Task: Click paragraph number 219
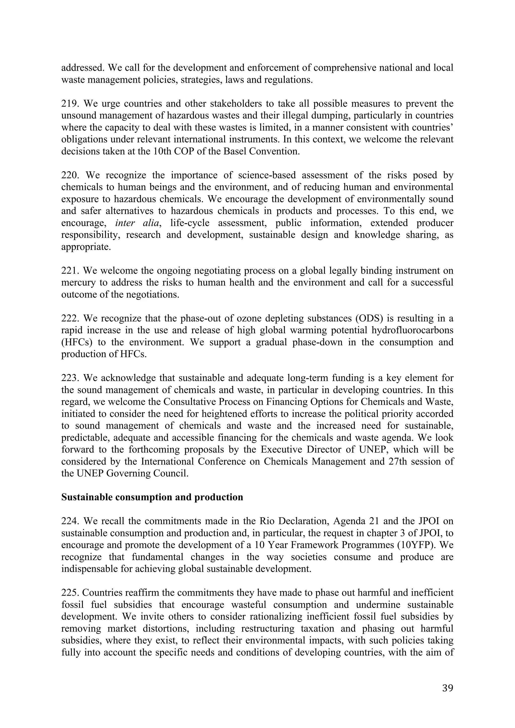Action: [69, 104]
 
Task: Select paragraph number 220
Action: [69, 175]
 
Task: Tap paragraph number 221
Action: [69, 271]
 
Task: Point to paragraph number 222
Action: [69, 318]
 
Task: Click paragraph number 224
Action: [69, 521]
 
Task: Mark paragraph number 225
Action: [69, 593]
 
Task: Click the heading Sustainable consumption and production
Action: [152, 497]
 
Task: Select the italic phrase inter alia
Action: [137, 223]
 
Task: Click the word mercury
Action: [78, 283]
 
